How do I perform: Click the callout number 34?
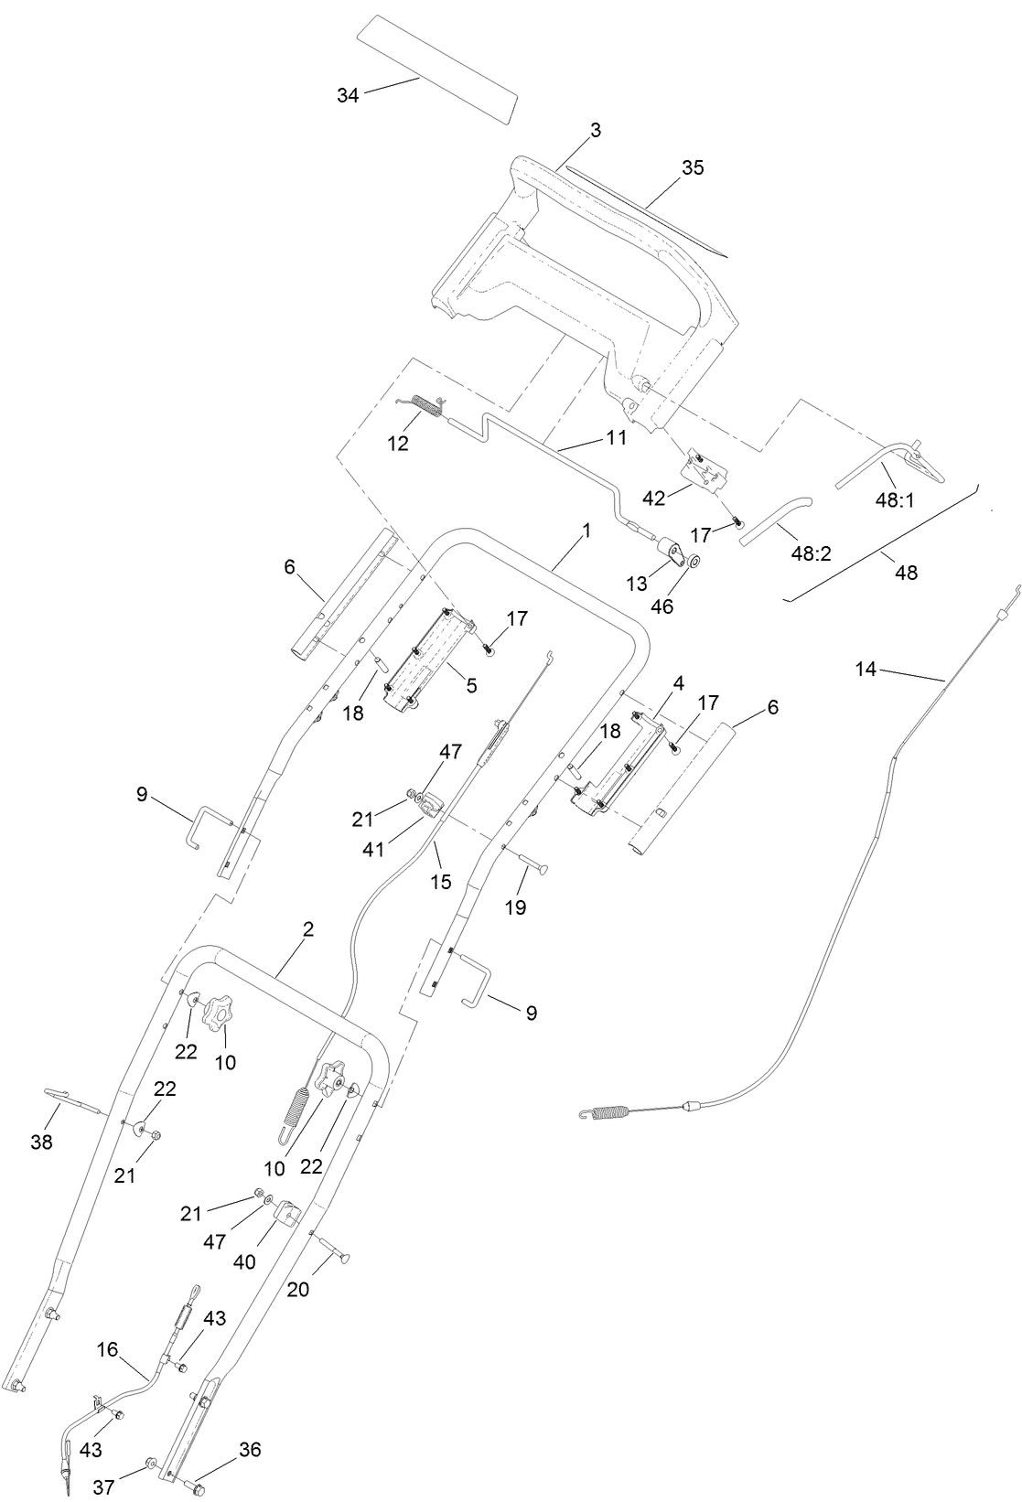tap(348, 94)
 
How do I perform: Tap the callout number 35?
tap(694, 167)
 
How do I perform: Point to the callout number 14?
tap(866, 670)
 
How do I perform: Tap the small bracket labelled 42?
tap(705, 471)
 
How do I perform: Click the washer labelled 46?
tap(694, 561)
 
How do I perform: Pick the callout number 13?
tap(636, 583)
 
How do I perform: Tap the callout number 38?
tap(42, 1143)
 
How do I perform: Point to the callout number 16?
tap(107, 1349)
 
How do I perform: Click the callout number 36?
tap(250, 1449)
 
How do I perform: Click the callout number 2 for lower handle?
tap(308, 928)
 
